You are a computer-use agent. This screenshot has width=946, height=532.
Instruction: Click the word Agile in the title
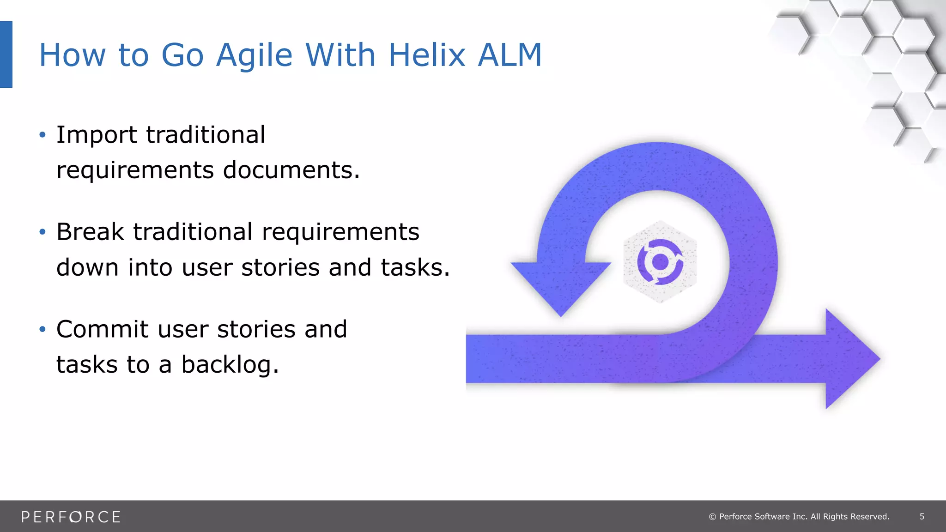click(x=254, y=55)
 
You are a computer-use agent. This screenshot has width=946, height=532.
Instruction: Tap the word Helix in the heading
click(x=426, y=55)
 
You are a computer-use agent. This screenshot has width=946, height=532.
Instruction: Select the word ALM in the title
click(x=509, y=55)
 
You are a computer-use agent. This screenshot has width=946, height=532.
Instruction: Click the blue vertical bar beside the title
click(x=6, y=54)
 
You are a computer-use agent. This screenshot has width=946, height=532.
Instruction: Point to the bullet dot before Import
click(x=42, y=135)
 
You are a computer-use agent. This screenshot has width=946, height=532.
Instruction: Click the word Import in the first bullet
click(x=96, y=135)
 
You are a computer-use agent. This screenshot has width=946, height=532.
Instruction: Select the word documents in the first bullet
click(x=291, y=170)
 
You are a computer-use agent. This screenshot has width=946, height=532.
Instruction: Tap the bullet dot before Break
click(x=42, y=232)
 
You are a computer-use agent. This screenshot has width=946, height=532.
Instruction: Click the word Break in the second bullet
click(x=90, y=232)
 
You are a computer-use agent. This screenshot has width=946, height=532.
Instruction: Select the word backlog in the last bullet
click(x=229, y=365)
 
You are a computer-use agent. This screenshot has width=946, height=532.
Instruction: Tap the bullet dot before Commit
click(x=42, y=329)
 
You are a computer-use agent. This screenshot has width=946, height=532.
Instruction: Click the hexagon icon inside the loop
click(x=660, y=262)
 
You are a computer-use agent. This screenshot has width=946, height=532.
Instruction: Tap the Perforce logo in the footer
click(x=71, y=517)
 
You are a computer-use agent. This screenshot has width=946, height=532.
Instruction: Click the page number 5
click(x=922, y=517)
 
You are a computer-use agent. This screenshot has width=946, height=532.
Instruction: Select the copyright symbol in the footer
click(x=712, y=517)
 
